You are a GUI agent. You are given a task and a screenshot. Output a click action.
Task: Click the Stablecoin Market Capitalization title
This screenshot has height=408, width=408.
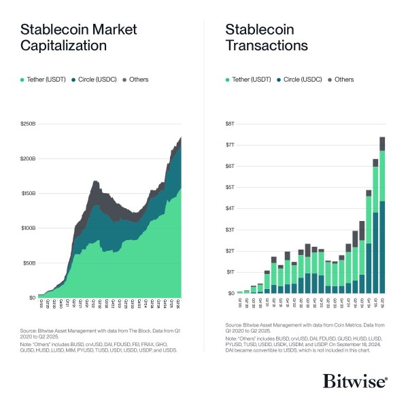tap(78, 38)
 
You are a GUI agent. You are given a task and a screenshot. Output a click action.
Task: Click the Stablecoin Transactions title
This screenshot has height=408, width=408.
tap(266, 38)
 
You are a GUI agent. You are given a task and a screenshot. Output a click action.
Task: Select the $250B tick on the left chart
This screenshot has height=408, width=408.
tap(28, 123)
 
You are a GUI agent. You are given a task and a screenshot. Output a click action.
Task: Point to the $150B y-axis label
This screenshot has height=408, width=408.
tap(28, 193)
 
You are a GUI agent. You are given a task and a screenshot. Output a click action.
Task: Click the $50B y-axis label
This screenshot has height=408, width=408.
tap(29, 262)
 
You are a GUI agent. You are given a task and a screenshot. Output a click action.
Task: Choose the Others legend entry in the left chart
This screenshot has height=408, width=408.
tap(135, 80)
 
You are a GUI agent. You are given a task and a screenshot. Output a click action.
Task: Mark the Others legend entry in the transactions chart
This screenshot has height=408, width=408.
tap(340, 80)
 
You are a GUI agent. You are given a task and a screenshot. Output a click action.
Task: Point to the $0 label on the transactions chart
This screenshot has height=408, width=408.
tap(231, 293)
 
